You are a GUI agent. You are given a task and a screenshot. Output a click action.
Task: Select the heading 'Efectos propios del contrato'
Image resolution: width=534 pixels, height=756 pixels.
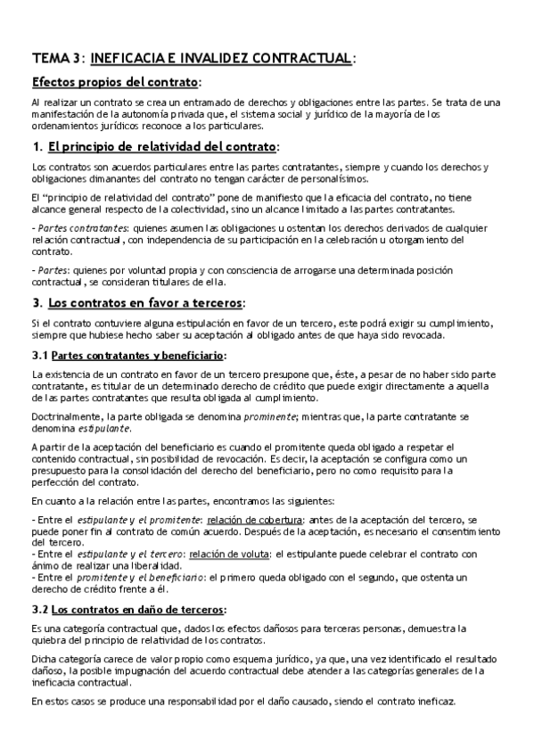(x=114, y=83)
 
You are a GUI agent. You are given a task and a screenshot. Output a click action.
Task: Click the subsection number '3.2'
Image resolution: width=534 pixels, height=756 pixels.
(x=39, y=610)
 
